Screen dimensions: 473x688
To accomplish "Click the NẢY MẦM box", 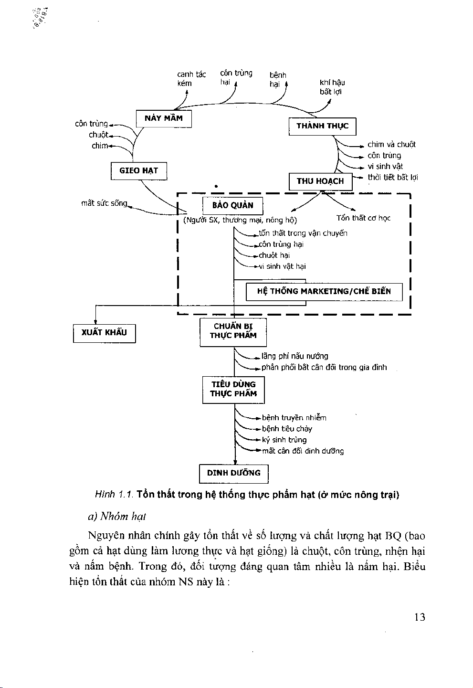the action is pos(164,118).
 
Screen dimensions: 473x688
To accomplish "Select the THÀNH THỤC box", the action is pos(323,126).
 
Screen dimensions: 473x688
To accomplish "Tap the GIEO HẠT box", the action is pos(139,171).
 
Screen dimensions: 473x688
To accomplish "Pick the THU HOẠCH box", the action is pos(320,181).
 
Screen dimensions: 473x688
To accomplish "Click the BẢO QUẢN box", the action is pos(233,206).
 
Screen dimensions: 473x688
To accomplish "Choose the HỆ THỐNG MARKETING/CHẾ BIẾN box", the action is pos(324,292).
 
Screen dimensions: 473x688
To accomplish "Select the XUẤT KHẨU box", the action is pos(104,333).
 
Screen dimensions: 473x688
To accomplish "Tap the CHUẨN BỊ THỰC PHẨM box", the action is pos(233,332).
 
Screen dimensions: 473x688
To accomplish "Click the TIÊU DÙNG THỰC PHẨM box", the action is pos(233,390).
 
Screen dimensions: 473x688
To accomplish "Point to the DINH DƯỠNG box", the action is pos(234,474).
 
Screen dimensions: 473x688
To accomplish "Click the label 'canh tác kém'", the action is pos(191,79).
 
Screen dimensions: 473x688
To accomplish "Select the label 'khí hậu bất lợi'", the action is pos(332,87).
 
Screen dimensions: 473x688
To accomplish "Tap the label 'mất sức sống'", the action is pos(104,203).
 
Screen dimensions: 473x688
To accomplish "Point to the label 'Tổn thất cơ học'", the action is pos(363,218).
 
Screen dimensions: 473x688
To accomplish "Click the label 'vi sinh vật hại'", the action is pos(282,266).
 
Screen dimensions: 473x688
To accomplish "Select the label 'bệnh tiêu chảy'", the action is pos(287,429).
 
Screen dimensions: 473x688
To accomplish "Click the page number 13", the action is pos(420,617).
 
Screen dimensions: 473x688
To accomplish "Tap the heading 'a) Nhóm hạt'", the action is pos(117,517).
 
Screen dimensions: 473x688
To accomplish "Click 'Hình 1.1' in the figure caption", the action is pos(114,495).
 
